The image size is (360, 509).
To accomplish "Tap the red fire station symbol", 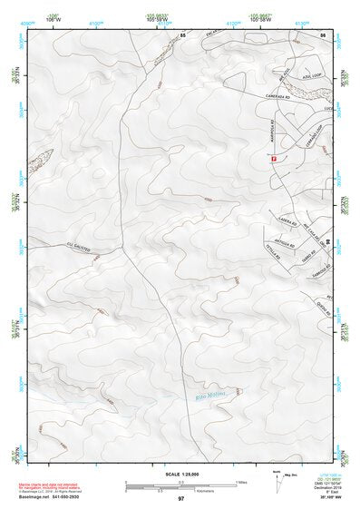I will (x=273, y=159).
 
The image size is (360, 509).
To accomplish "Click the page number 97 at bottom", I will (x=180, y=499).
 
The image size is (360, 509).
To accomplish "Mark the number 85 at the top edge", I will (x=182, y=34).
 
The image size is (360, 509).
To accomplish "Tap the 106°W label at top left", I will (x=52, y=19).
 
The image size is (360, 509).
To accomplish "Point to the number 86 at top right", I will (x=322, y=34).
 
